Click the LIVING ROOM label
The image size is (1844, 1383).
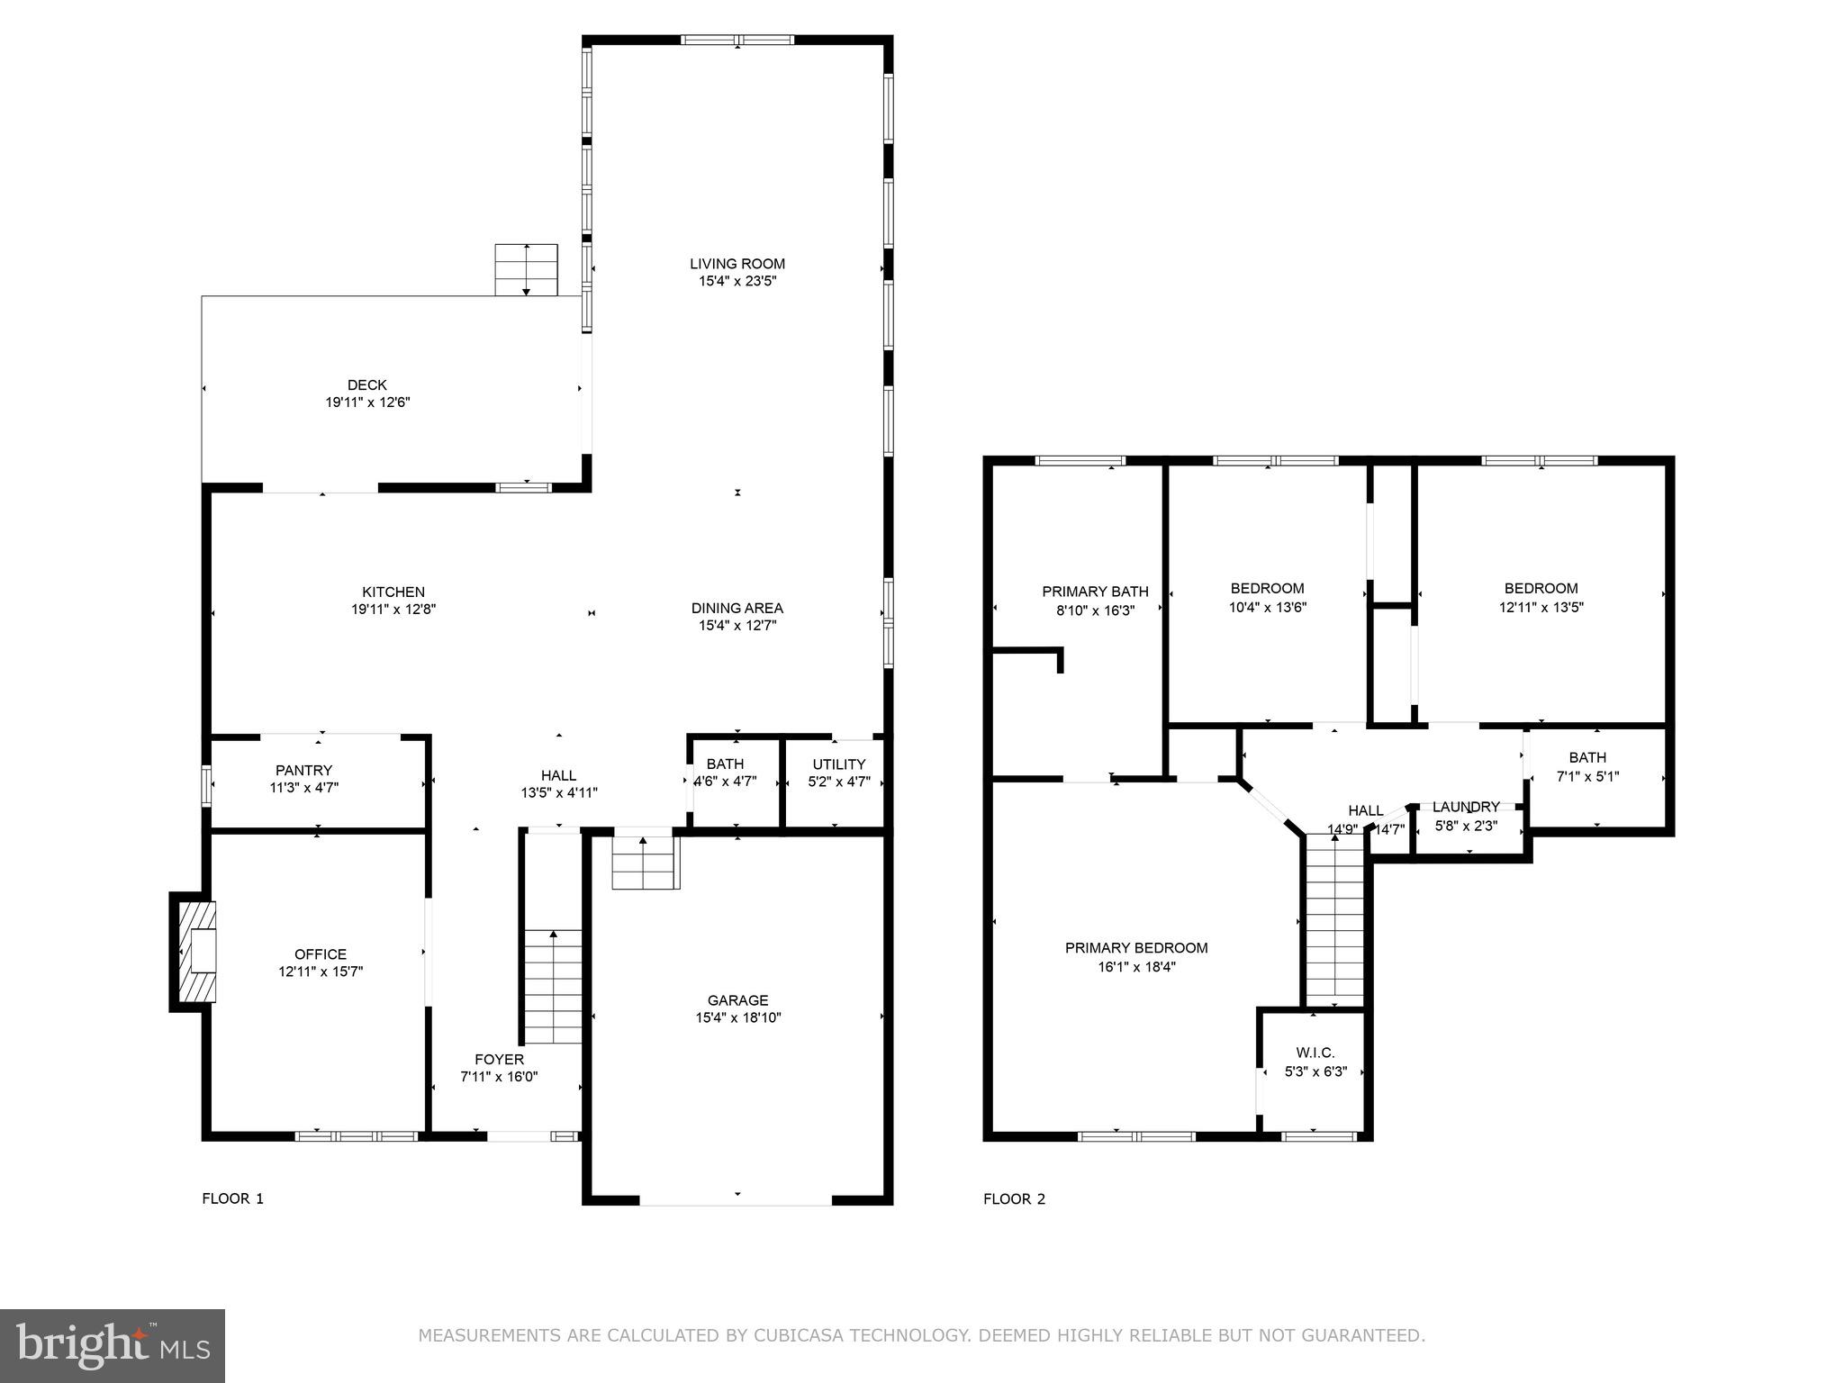coord(737,264)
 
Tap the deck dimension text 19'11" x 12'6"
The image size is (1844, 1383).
coord(367,402)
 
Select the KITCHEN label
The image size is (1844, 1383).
coord(393,592)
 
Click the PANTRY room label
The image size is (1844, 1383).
coord(303,770)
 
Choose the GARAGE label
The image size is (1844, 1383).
coord(737,1000)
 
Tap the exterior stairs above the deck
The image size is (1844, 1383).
coord(526,269)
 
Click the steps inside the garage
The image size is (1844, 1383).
coord(644,863)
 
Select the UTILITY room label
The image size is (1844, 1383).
coord(838,764)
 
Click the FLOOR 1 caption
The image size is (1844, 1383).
coord(232,1198)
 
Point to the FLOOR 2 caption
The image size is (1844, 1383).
coord(1014,1198)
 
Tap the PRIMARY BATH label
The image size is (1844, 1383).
coord(1095,592)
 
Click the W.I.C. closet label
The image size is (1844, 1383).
coord(1315,1053)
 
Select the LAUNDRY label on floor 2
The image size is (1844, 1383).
coord(1466,807)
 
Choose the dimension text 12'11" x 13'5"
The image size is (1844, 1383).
coord(1541,607)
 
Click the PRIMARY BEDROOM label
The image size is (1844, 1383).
coord(1136,948)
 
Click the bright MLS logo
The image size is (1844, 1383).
coord(113,1345)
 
